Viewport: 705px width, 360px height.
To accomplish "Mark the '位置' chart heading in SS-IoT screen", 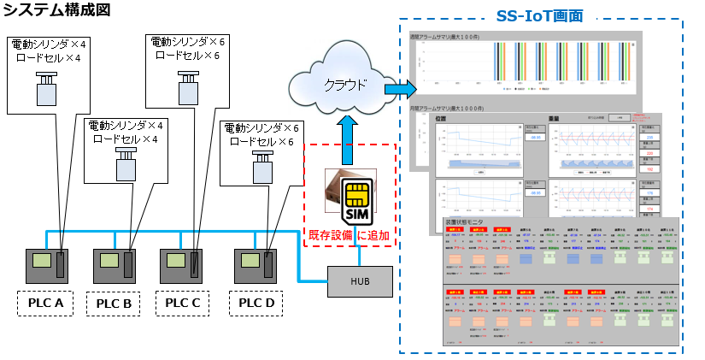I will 441,119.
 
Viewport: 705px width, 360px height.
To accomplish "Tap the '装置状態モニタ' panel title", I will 465,222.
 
